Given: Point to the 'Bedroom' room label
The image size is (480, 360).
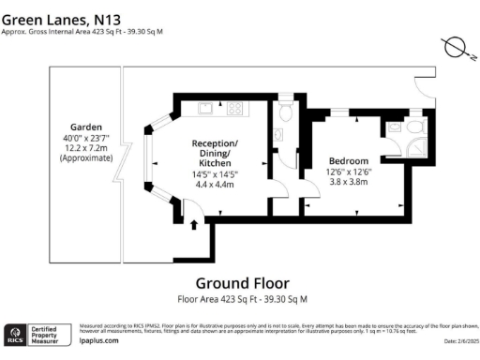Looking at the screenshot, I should pos(346,160).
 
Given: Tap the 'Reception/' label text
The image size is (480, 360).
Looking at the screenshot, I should pos(215,142).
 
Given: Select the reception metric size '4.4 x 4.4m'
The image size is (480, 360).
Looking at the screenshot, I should pos(215,185).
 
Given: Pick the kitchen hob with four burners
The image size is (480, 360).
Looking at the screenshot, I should pos(233,108).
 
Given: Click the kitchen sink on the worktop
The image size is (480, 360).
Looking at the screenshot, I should pos(204,108).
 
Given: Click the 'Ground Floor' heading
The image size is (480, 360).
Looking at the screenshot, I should pos(242,283).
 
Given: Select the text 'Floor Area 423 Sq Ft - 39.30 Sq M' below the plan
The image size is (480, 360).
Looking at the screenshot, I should pos(242,300).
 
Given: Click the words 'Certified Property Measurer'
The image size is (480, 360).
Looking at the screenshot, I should pos(49,334).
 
